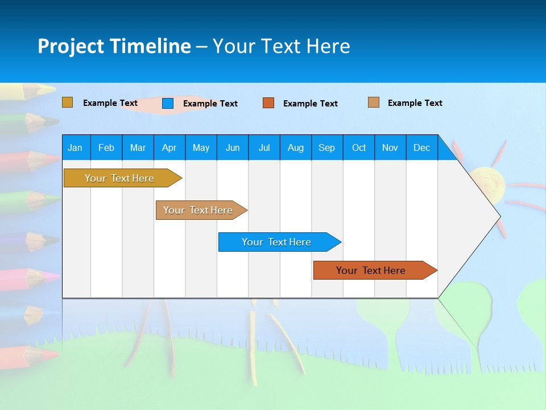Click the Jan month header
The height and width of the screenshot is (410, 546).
tap(76, 147)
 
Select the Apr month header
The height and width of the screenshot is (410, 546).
tap(169, 147)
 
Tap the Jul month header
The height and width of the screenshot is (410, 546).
tap(264, 147)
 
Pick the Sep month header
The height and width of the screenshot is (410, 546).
tap(327, 147)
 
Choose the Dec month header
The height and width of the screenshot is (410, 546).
tap(421, 147)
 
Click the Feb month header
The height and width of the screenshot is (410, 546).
tap(106, 147)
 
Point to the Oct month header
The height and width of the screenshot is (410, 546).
tap(359, 147)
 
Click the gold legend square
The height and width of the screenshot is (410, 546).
tap(68, 102)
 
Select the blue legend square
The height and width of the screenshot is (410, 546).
tap(168, 103)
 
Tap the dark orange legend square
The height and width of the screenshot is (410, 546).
tap(268, 103)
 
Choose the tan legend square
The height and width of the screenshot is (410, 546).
tap(374, 102)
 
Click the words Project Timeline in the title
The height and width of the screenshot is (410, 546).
tap(114, 46)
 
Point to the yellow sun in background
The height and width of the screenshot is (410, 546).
tap(488, 183)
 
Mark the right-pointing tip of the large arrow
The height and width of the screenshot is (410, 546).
tap(499, 216)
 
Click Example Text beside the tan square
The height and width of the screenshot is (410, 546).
tap(415, 103)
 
